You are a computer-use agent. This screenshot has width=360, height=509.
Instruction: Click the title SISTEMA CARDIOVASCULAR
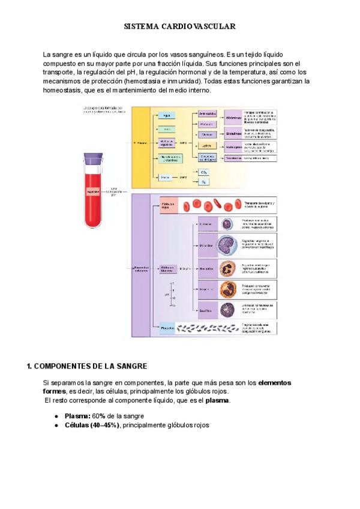(x=179, y=27)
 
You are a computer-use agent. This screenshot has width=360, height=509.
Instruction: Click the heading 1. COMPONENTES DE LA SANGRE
(x=88, y=366)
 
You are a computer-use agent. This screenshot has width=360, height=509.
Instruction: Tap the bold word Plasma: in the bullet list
(x=77, y=415)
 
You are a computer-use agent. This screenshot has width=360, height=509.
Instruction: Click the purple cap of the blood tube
(x=92, y=160)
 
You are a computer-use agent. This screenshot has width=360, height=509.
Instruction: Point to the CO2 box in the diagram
(x=204, y=172)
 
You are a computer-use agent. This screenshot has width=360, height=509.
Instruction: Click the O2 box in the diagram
(x=204, y=181)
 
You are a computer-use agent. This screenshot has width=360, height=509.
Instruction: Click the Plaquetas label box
(x=167, y=328)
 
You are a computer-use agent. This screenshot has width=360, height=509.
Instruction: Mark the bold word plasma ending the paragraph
(x=218, y=400)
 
